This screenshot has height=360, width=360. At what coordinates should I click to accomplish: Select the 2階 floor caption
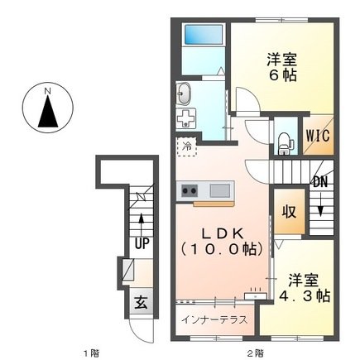[x=254, y=351]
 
